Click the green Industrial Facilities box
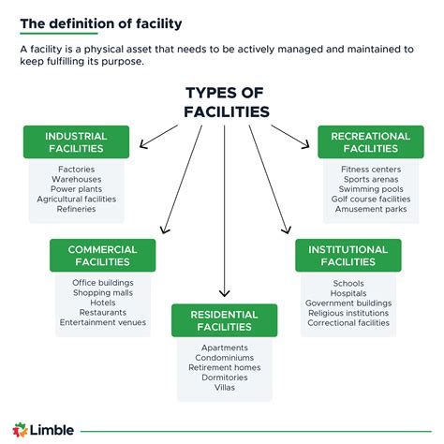click(76, 142)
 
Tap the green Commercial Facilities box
click(102, 255)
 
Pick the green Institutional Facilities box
click(348, 255)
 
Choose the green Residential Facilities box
click(224, 319)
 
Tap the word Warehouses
click(76, 179)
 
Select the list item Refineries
click(76, 209)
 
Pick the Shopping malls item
click(102, 292)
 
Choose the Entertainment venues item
click(102, 321)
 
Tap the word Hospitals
click(348, 292)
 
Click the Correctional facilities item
click(348, 322)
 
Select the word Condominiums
click(224, 357)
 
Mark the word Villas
click(224, 387)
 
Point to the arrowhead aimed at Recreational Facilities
click(305, 144)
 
